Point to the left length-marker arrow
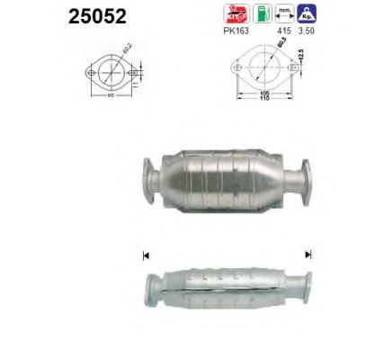tap(146, 255)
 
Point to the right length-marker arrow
tap(308, 255)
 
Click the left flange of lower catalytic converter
tap(154, 288)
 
